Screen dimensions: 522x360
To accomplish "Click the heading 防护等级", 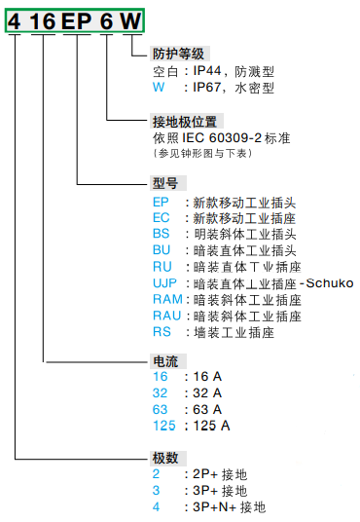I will pos(179,54).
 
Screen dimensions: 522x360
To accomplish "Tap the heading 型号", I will pos(165,183).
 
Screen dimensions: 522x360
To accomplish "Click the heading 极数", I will pos(165,458).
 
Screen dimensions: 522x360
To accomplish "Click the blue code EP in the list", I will pos(162,202).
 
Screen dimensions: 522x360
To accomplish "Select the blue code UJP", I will pos(165,283).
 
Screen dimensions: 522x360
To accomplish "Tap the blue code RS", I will pos(162,332).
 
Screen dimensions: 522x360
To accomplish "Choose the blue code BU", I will pos(162,250).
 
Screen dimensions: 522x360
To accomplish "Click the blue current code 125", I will pos(165,426).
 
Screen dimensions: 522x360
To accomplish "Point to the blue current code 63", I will pos(162,409).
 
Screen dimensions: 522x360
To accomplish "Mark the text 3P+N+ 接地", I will pos(228,507).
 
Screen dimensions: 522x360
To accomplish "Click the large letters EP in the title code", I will pos(76,20).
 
